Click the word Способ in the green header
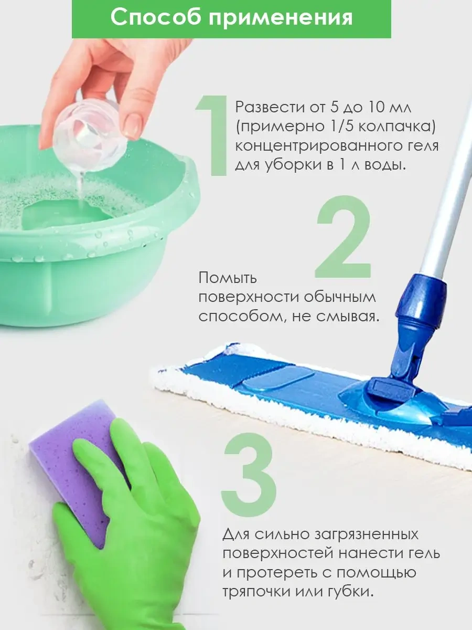click(x=156, y=18)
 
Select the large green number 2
click(x=344, y=237)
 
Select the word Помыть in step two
click(x=228, y=278)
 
